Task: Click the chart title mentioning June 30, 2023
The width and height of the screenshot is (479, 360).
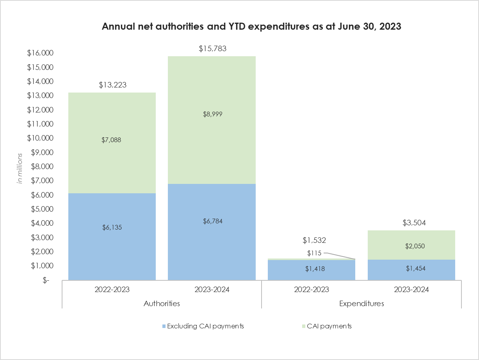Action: click(x=251, y=27)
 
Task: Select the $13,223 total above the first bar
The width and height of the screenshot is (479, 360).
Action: click(x=112, y=85)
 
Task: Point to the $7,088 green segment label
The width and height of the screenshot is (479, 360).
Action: click(x=112, y=140)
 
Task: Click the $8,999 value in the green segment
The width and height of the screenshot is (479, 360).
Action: click(x=212, y=114)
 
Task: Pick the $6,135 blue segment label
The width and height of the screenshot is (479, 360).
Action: click(x=112, y=227)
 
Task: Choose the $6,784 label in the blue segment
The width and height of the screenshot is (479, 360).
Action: click(x=212, y=221)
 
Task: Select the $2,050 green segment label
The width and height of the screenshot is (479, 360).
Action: click(x=411, y=246)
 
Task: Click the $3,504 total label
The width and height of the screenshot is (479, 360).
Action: click(x=411, y=223)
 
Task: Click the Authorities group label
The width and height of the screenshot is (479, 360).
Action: click(x=162, y=303)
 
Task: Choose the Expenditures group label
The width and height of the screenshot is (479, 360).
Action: click(x=361, y=303)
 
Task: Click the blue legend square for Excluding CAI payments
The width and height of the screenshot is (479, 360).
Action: click(x=164, y=326)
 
